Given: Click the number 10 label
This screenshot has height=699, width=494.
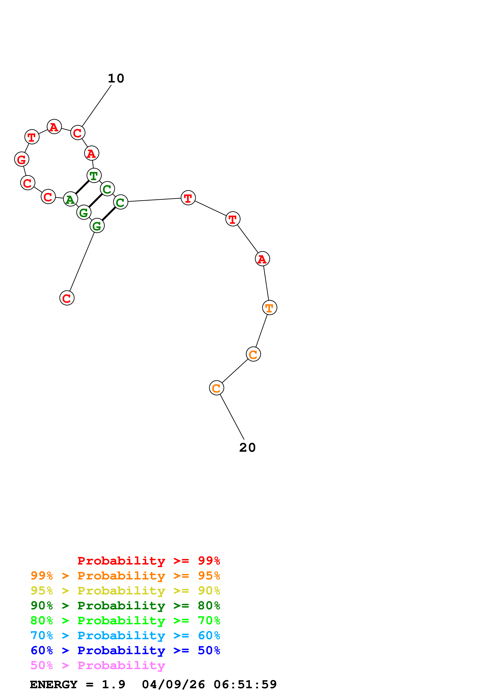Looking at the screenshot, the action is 116,79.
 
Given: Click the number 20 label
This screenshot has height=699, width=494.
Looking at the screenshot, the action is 247,448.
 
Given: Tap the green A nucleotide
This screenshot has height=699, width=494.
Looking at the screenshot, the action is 71,199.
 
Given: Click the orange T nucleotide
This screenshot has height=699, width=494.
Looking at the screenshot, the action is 270,308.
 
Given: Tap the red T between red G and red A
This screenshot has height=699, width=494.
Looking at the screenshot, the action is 32,137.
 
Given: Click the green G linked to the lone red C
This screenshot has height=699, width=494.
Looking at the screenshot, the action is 97,226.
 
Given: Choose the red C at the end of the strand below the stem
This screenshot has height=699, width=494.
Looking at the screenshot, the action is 67,298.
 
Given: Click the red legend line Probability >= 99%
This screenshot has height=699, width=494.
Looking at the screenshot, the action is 148,561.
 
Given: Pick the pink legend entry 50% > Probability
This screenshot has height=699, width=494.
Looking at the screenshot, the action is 98,666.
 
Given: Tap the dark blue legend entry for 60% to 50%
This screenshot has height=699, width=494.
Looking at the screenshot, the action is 125,651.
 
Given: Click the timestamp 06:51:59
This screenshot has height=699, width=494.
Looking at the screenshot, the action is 245,685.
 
